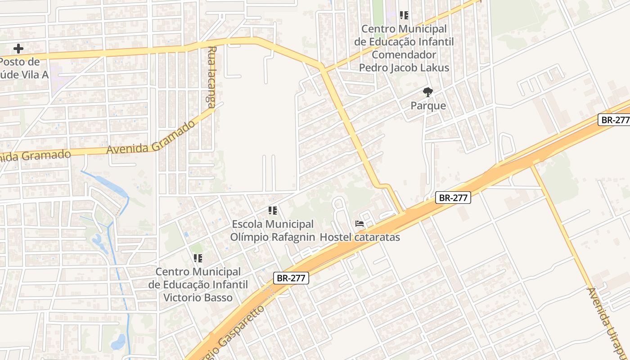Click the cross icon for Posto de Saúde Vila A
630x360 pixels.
coord(18,48)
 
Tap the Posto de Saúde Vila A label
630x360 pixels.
coord(22,68)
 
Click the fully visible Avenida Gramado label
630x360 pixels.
coord(152,137)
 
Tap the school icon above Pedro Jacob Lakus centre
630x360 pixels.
coord(404,16)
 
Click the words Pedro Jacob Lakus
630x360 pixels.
coord(404,68)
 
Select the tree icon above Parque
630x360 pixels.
coord(428,93)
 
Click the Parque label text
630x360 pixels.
coord(428,106)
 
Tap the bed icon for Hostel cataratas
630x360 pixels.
coord(359,223)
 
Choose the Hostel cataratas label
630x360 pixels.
coord(360,237)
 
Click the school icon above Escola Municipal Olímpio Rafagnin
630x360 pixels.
coord(272,210)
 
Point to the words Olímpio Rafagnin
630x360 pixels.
coord(273,237)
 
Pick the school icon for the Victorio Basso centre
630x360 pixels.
coord(198,258)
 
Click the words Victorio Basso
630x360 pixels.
coord(198,297)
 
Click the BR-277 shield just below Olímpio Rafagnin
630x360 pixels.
coord(291,278)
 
